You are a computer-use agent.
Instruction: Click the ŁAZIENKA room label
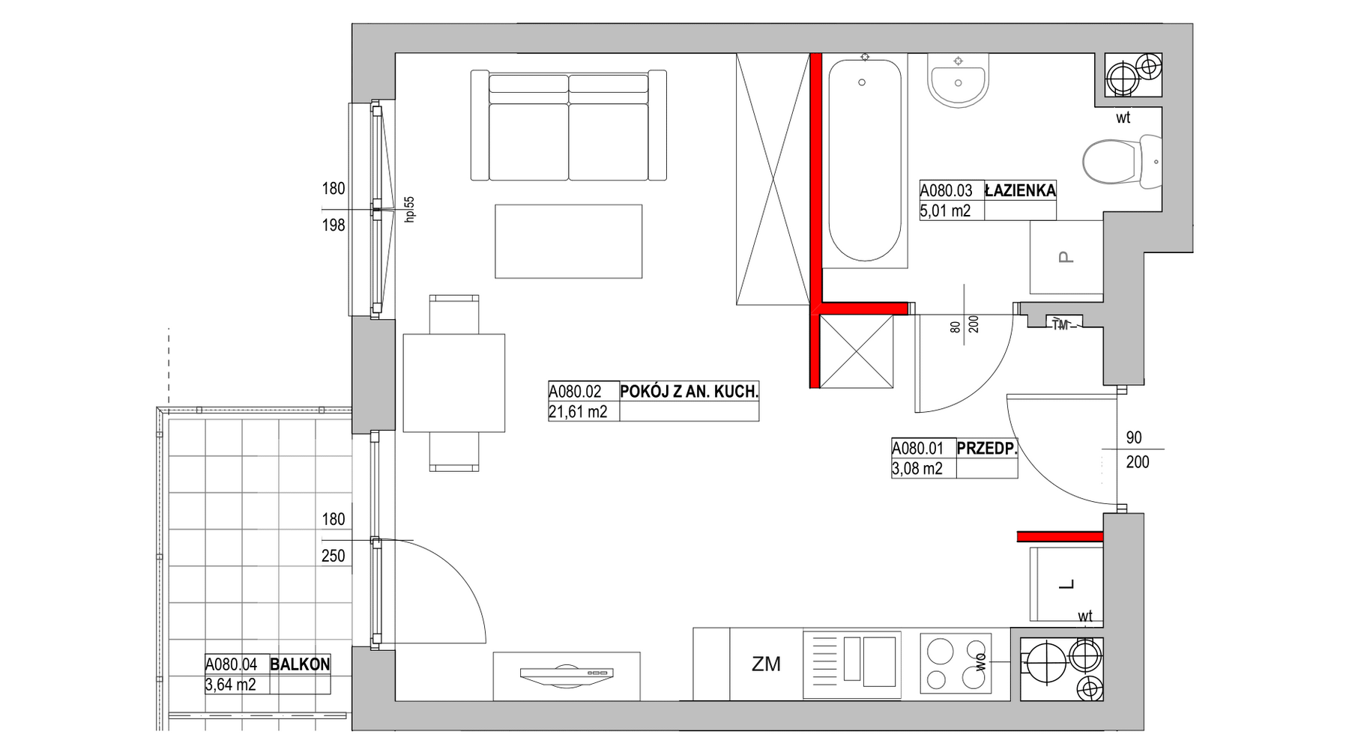coord(1020,190)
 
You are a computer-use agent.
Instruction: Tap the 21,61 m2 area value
coord(578,411)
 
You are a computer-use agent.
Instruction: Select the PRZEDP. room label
coord(987,449)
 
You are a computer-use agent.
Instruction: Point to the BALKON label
coord(300,664)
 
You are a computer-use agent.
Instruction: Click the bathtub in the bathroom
coord(865,160)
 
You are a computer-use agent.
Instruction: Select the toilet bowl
coord(1122,160)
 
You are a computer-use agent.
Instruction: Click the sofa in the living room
coord(569,125)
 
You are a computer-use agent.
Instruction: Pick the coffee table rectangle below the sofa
coord(568,241)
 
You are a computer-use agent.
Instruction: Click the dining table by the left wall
coord(454,383)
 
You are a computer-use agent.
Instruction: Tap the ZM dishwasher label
coord(766,664)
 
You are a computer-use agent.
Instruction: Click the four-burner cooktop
coord(956,662)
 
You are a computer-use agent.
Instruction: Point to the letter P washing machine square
coord(1066,257)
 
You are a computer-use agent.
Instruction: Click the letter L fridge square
coord(1066,584)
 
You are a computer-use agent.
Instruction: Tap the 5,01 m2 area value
coord(945,210)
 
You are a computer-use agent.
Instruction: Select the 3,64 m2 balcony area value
coord(230,685)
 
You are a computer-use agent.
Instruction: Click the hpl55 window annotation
coord(409,209)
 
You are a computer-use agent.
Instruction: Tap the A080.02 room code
coord(576,391)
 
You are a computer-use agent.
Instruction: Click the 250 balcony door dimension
coord(334,556)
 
